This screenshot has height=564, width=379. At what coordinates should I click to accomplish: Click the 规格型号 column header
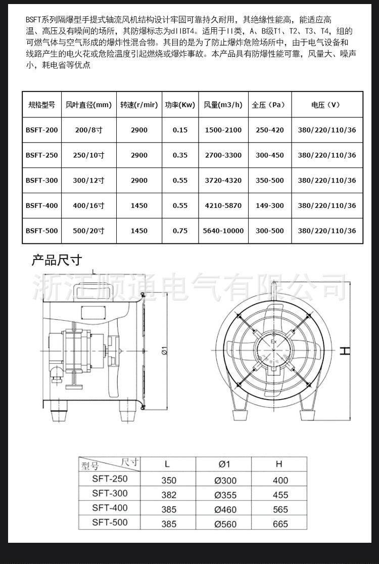(x=41, y=105)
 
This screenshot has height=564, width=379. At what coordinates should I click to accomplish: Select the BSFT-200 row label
(x=41, y=130)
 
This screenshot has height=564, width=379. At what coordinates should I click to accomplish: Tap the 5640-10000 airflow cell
(x=223, y=231)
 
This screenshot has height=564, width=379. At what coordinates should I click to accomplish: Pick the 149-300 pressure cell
(x=270, y=205)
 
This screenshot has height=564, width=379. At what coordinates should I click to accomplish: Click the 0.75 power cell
(x=180, y=231)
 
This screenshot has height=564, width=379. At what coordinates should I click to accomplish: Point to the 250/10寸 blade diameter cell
(x=89, y=155)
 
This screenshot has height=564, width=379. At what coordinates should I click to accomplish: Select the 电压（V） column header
(x=326, y=105)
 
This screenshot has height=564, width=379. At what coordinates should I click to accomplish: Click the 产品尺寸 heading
(x=57, y=261)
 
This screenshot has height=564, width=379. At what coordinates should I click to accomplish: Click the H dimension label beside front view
(x=345, y=351)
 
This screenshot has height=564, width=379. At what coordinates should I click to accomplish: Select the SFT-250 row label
(x=110, y=479)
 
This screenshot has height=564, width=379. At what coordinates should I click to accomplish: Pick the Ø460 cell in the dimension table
(x=225, y=509)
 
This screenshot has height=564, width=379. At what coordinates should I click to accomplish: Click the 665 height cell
(x=280, y=524)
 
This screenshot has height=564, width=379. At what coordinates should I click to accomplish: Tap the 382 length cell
(x=169, y=495)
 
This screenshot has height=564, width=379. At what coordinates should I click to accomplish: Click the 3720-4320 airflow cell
(x=223, y=181)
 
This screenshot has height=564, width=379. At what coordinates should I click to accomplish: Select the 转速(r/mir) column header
(x=139, y=105)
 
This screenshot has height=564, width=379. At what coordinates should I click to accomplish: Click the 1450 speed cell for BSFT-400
(x=139, y=205)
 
